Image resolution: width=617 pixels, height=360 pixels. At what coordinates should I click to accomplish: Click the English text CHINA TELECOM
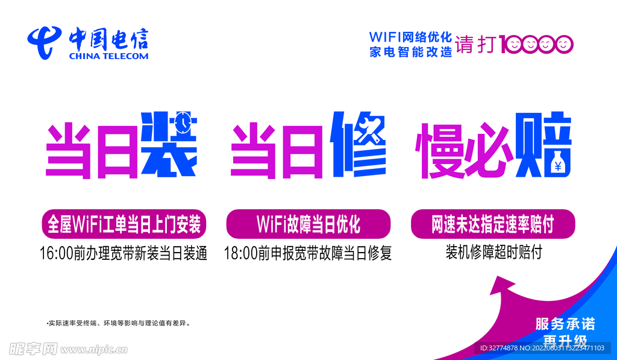108,56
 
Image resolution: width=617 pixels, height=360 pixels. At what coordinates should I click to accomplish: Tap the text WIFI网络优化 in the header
410,37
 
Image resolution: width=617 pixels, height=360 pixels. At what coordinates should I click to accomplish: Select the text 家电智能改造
410,52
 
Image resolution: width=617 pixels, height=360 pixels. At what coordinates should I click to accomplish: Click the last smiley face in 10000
563,44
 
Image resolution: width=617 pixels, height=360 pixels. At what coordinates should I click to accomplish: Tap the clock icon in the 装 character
183,122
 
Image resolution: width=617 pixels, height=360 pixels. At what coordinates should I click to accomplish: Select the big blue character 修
359,145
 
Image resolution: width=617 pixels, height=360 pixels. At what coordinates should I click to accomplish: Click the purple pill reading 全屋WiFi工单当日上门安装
124,224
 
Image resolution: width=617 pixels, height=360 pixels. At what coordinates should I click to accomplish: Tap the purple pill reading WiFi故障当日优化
308,224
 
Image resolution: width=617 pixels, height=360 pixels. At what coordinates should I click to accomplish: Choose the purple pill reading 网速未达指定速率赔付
492,224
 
